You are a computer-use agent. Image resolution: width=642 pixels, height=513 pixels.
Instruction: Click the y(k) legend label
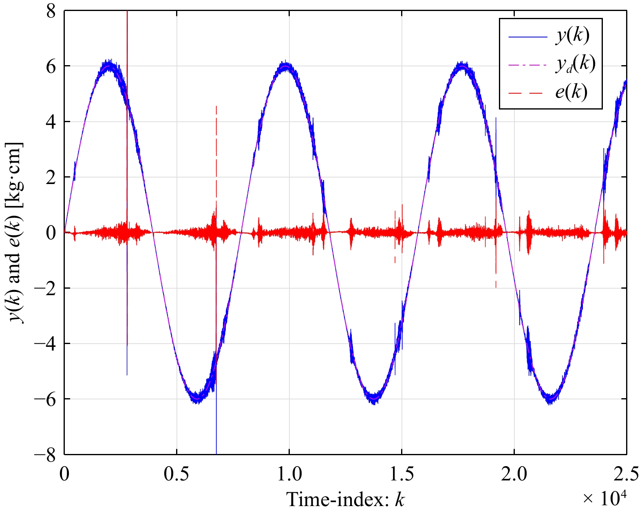click(572, 36)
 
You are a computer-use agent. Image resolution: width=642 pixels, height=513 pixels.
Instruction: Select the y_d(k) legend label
click(575, 64)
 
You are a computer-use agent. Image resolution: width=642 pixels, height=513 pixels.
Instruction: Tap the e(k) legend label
click(571, 92)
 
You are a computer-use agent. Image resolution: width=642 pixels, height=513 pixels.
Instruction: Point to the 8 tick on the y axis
click(51, 11)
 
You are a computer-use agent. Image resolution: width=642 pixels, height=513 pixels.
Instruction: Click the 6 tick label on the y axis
click(51, 66)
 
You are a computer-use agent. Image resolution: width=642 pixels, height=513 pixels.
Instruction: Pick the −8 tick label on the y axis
click(45, 455)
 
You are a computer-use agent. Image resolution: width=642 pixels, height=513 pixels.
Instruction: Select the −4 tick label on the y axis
click(45, 344)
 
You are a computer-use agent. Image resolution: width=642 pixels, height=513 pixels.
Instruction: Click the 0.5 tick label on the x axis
click(176, 475)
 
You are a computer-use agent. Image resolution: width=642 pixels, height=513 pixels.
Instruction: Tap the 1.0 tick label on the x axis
click(289, 475)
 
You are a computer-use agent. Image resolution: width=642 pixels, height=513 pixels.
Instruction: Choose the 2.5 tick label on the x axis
click(626, 475)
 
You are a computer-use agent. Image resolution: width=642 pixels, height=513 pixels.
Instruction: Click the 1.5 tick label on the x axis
click(402, 475)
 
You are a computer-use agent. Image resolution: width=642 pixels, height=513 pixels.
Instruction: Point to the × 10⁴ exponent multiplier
click(604, 498)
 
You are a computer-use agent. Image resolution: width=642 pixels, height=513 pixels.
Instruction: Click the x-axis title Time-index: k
click(346, 499)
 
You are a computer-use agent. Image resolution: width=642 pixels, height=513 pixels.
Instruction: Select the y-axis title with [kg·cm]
click(16, 232)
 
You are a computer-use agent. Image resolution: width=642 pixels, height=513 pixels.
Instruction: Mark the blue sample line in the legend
click(527, 37)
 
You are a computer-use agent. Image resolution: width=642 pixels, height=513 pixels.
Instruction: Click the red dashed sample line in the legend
click(527, 93)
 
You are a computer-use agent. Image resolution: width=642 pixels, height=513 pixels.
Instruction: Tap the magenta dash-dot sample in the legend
click(527, 65)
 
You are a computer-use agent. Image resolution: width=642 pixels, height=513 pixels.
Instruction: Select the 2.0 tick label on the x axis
click(514, 475)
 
